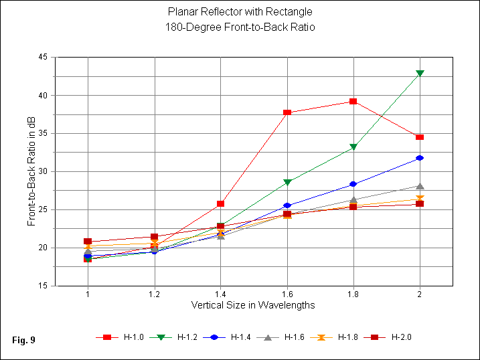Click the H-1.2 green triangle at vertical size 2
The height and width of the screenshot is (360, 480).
coord(420,73)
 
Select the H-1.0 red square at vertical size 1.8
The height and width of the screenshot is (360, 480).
coord(353,101)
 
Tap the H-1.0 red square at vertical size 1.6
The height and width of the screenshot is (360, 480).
coord(287,112)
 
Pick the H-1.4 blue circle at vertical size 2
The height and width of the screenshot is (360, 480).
coord(420,158)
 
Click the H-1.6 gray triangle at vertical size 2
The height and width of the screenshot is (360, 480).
coord(420,186)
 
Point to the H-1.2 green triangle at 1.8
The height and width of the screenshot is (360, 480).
coord(353,147)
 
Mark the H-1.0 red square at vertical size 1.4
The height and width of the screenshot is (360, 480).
coord(221,203)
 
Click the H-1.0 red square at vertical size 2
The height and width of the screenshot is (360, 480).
coord(420,137)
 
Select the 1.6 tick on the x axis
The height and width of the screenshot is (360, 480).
coord(287,294)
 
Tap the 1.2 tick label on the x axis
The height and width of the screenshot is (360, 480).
coord(155,294)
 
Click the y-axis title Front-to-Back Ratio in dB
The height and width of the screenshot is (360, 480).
coord(31,171)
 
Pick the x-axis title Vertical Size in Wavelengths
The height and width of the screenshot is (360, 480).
coord(253,305)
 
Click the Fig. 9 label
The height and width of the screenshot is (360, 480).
coord(23,341)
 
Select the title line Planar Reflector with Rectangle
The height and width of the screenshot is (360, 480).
coord(240,12)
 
